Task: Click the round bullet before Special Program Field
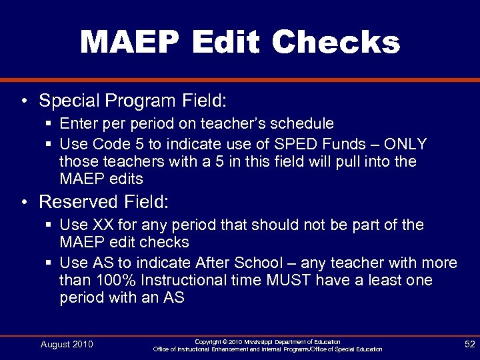24,101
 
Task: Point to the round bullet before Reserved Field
24,202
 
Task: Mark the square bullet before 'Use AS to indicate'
49,263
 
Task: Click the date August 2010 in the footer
67,344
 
